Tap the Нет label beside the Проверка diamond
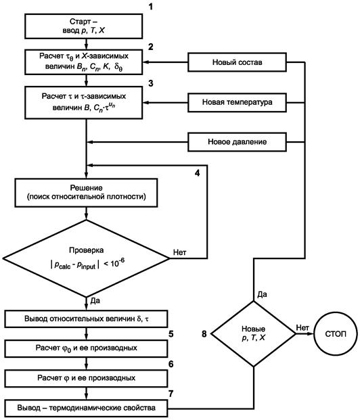tap(179, 252)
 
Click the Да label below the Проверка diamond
tap(95, 301)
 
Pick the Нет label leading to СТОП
tap(302, 327)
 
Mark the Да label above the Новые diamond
tap(262, 295)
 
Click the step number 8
tap(204, 334)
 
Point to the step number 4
tap(198, 173)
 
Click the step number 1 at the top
tap(151, 7)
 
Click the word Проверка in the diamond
tap(86, 250)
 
